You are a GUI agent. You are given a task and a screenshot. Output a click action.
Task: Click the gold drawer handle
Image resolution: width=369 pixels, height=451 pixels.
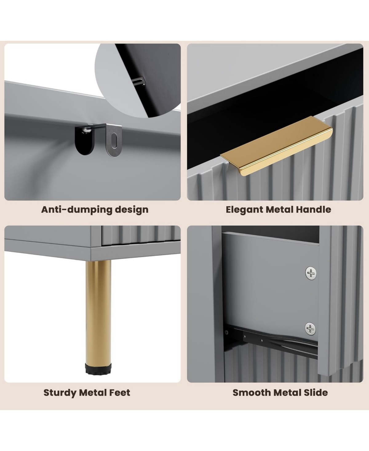pos(276,146)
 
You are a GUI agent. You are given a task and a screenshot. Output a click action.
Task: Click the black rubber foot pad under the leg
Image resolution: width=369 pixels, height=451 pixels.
pos(98,369)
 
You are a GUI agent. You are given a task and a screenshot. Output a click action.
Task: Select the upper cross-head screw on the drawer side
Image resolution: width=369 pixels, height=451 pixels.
pos(311,273)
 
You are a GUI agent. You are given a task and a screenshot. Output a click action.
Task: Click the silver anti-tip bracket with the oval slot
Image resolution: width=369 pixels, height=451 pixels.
pos(114,140)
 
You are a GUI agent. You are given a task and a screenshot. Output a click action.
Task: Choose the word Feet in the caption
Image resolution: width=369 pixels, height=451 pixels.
pos(121,393)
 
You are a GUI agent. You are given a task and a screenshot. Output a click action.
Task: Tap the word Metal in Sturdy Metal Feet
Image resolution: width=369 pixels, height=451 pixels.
pos(94,393)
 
